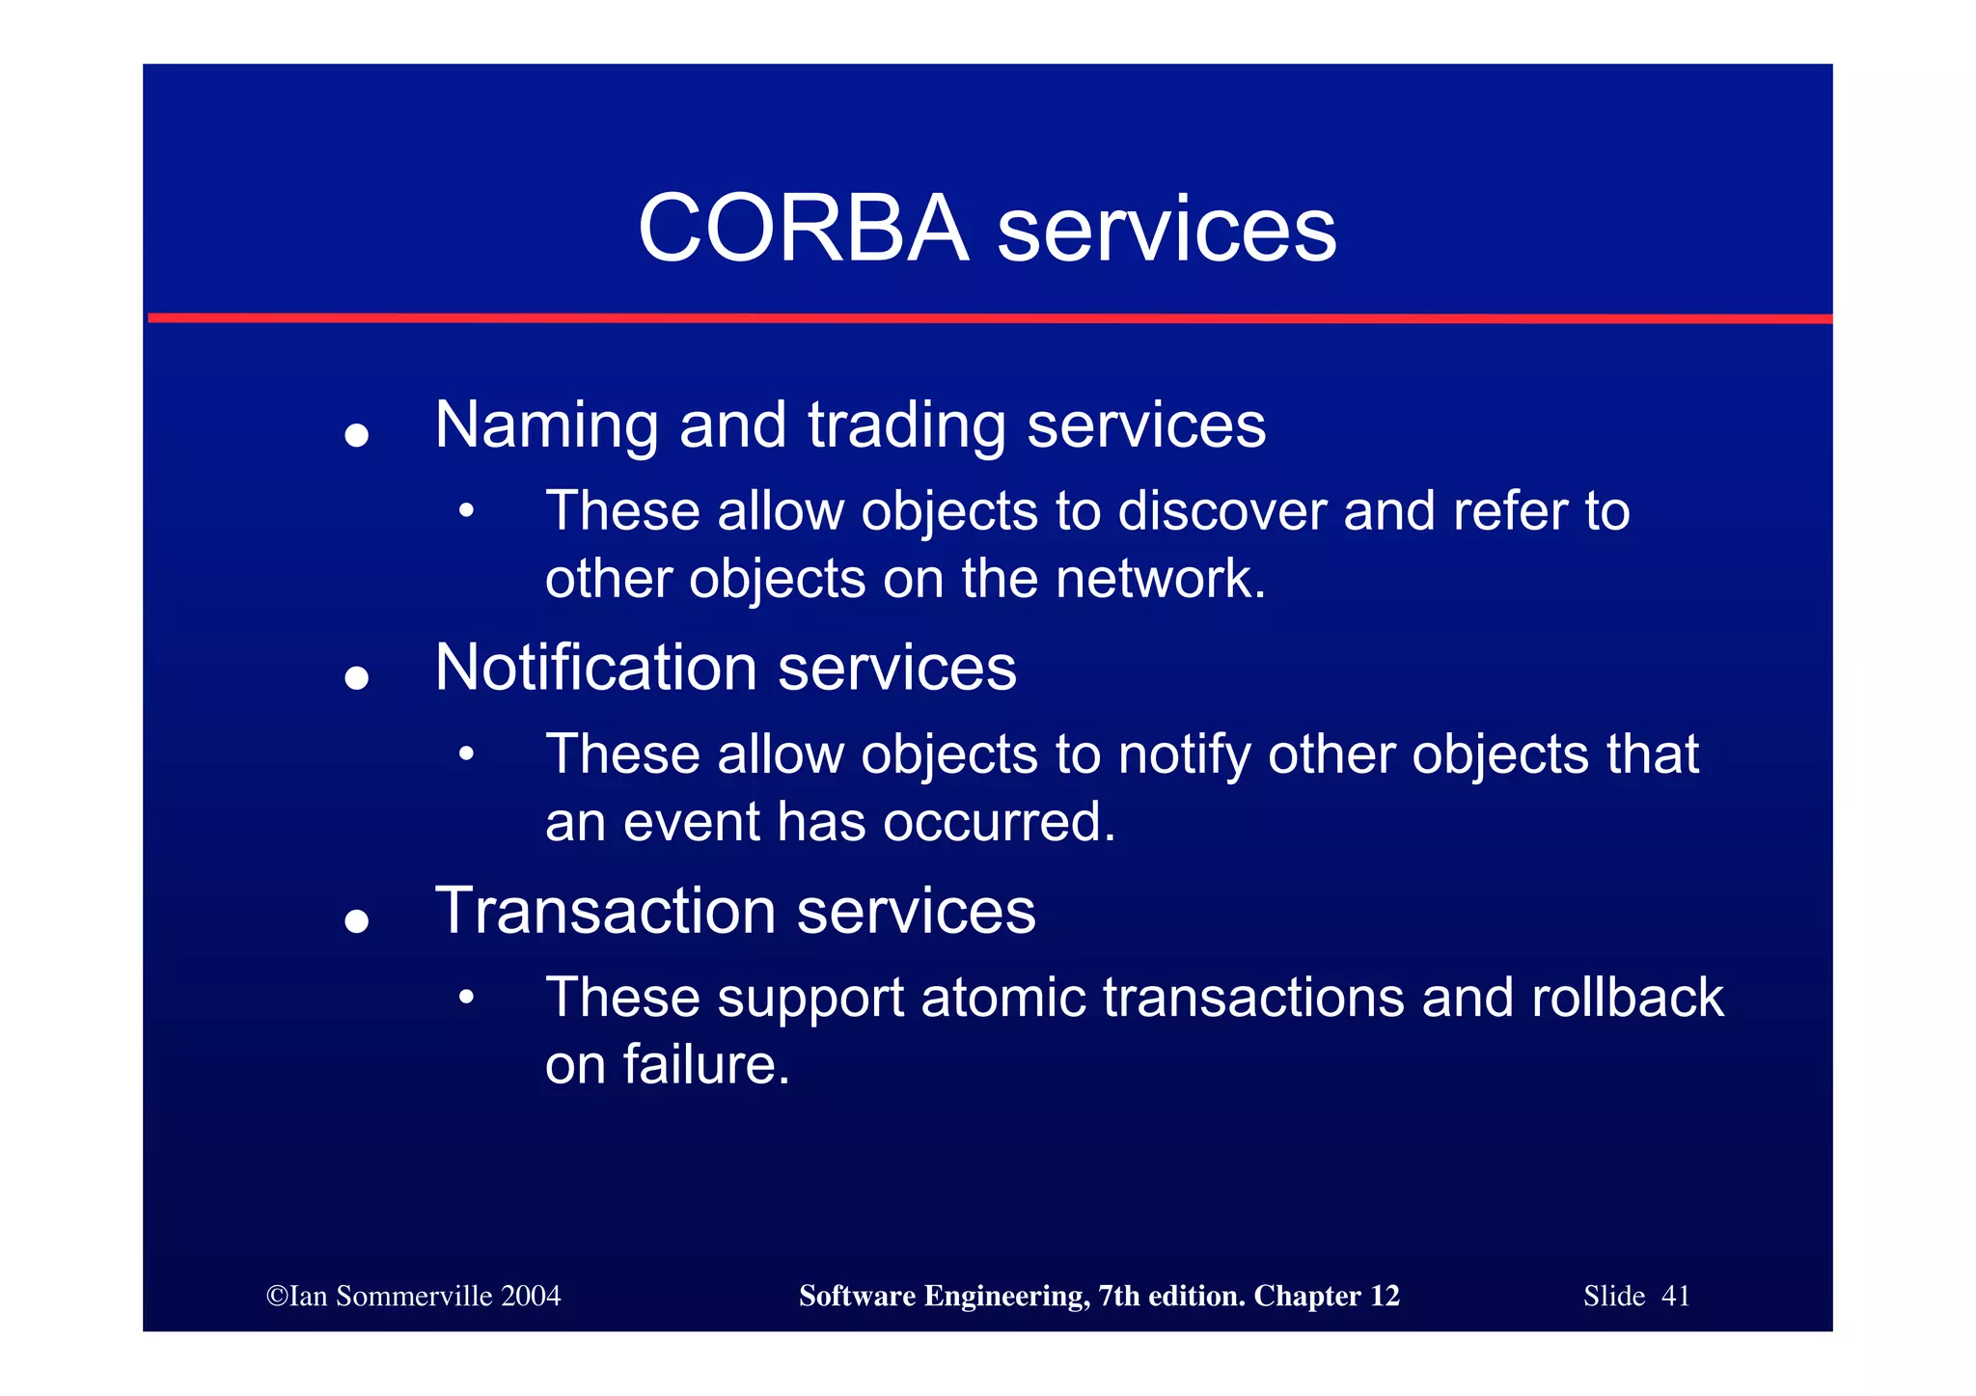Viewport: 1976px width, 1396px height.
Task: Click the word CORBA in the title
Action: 803,229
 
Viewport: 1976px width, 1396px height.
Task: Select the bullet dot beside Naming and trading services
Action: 357,435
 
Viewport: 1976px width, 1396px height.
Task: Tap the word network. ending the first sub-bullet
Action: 1160,579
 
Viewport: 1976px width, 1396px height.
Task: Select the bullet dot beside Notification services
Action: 357,678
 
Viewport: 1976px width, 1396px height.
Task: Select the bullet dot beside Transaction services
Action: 357,921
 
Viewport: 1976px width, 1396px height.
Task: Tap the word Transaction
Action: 605,911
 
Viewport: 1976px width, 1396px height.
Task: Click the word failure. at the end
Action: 706,1065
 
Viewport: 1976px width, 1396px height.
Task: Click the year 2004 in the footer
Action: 530,1296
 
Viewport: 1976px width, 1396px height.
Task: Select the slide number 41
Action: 1676,1296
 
